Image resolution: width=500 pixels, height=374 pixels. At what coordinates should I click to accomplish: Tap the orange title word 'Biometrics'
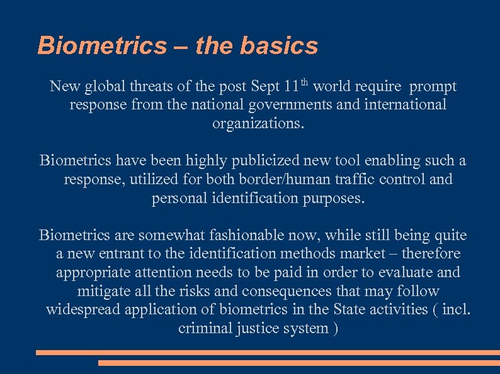pos(102,45)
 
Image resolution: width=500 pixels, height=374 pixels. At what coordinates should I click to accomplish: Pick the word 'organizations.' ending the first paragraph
pos(258,123)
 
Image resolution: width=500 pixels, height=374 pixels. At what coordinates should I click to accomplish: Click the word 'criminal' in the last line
pos(205,328)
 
